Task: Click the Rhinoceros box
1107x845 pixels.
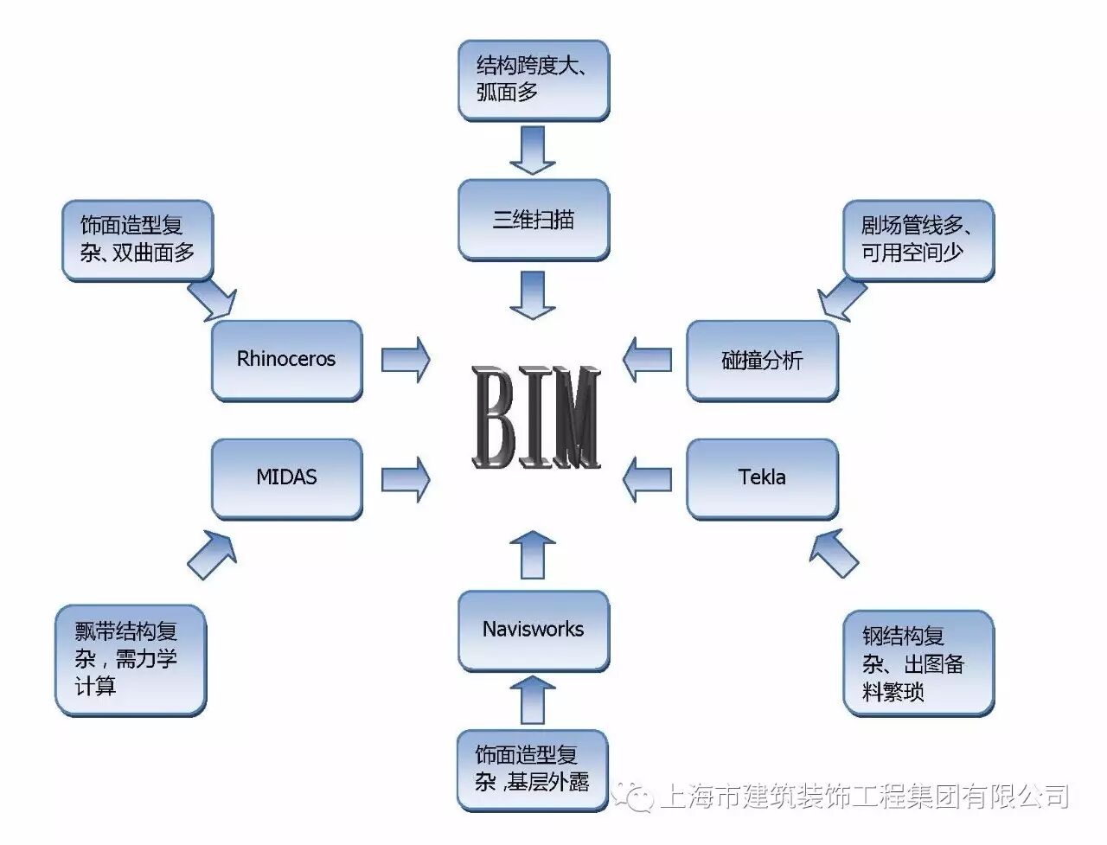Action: [x=286, y=360]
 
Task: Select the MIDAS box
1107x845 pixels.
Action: [x=286, y=477]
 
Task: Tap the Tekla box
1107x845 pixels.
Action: [x=762, y=477]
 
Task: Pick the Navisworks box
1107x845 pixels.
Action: [x=533, y=630]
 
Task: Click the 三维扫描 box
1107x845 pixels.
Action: [x=533, y=220]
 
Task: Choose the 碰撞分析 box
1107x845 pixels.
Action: [x=762, y=360]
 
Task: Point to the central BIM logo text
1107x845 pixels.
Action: [x=536, y=418]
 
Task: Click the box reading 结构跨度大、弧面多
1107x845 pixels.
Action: [x=533, y=80]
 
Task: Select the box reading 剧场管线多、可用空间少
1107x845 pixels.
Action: [x=918, y=240]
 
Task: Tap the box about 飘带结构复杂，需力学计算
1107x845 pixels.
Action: [x=130, y=659]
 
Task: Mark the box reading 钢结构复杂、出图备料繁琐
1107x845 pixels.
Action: [x=918, y=663]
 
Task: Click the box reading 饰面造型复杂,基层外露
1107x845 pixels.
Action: [x=533, y=770]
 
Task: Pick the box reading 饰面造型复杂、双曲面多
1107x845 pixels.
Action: [x=138, y=240]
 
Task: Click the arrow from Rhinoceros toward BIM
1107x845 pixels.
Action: [x=405, y=360]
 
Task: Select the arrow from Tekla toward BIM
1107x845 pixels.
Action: [x=647, y=478]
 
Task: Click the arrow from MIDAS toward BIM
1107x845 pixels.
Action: [x=405, y=478]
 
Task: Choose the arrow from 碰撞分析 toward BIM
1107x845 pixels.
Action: [x=647, y=360]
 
